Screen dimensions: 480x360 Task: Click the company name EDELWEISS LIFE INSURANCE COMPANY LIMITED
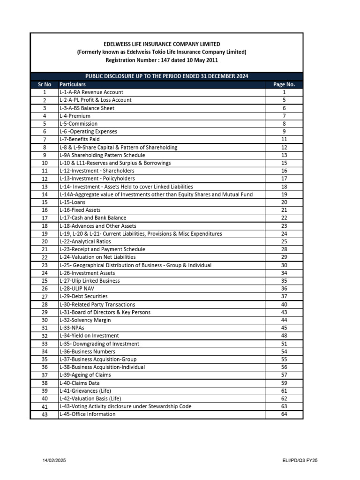162,44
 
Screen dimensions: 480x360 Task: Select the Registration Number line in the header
162,60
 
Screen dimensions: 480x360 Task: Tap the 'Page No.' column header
284,84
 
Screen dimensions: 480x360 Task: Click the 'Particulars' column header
73,84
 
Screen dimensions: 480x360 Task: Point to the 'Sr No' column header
44,84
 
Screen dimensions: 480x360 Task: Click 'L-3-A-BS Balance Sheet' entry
87,108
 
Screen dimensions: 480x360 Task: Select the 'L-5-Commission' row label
79,124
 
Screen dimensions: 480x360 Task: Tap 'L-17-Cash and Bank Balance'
93,218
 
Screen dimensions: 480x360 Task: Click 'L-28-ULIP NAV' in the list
77,289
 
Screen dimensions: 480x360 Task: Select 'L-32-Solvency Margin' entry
85,320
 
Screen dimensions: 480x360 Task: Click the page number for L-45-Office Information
284,414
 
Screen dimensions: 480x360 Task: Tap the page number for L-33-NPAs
284,328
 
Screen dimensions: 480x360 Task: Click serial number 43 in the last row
44,415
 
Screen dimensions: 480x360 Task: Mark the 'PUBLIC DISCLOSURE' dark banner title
166,76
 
